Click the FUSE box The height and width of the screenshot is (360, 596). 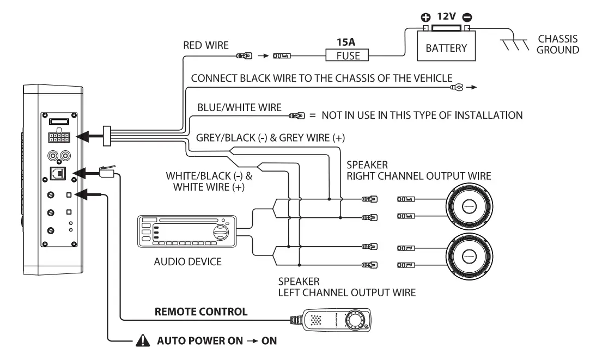pyautogui.click(x=346, y=55)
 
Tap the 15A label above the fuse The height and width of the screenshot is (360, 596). pyautogui.click(x=345, y=40)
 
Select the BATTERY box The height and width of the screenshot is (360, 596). pyautogui.click(x=446, y=48)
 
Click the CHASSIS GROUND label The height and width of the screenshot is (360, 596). pyautogui.click(x=558, y=45)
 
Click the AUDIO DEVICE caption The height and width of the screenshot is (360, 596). pyautogui.click(x=188, y=262)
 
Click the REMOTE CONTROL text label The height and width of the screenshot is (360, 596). pyautogui.click(x=201, y=312)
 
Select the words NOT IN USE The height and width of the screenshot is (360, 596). pyautogui.click(x=349, y=115)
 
